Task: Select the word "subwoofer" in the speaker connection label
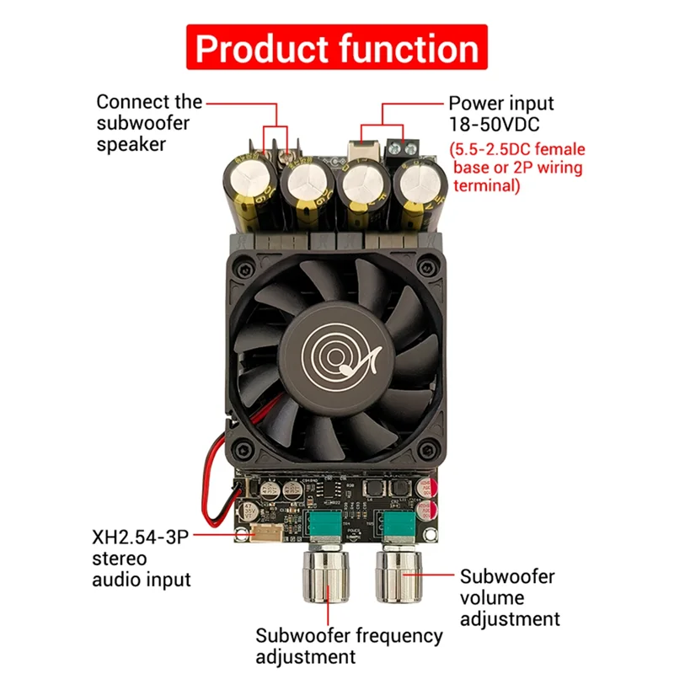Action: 142,123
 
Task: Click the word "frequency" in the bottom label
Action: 394,636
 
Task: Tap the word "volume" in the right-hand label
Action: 492,598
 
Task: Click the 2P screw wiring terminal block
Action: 404,152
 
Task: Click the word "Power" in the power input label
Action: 475,104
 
